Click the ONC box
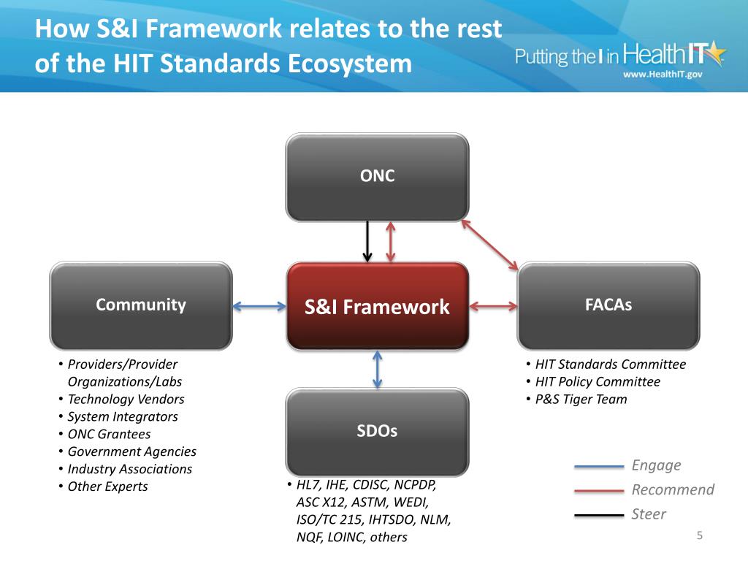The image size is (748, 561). point(377,177)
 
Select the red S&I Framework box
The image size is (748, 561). point(377,306)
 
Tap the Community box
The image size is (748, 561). point(141,305)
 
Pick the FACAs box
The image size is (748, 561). point(608,305)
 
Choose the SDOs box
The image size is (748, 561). point(377,432)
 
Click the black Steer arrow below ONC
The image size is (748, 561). point(367,242)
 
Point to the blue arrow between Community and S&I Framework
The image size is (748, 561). point(259,307)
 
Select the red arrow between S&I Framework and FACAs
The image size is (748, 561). point(493,306)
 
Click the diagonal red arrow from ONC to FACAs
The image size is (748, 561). point(490,245)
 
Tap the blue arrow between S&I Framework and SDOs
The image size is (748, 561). point(377,369)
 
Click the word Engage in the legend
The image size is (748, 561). point(656,465)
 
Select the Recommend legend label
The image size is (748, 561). point(673,489)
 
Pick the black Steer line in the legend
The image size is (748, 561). point(598,516)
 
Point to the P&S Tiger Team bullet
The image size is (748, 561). point(581,400)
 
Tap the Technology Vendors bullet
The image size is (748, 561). point(126,400)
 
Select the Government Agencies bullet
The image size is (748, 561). point(131,452)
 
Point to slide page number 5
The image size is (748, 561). point(699,537)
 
